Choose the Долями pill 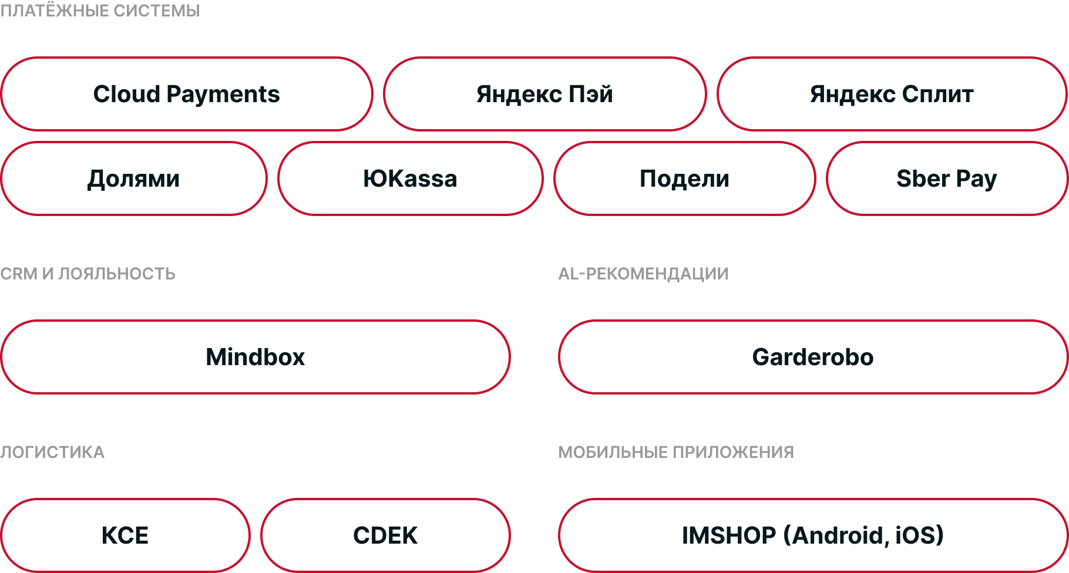coord(134,178)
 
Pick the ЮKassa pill coord(410,178)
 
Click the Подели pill coord(684,178)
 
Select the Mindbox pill coord(256,357)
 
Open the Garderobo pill coord(813,357)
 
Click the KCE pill coord(125,535)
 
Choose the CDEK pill coord(385,535)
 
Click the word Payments coord(223,95)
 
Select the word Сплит coord(938,94)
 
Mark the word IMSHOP coord(729,535)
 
